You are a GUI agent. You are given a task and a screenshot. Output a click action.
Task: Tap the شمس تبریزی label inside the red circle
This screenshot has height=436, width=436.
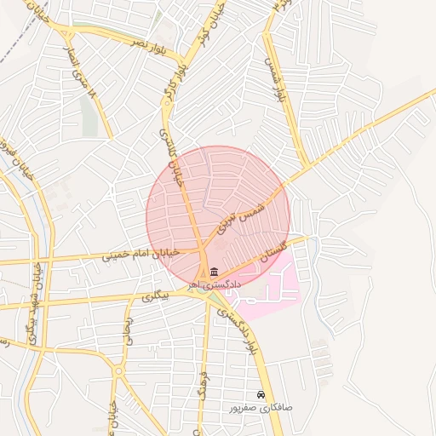point(243,212)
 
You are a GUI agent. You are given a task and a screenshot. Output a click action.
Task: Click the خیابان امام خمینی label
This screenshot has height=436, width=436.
point(141,253)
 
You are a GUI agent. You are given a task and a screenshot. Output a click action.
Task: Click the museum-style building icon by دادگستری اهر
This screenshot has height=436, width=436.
point(212,271)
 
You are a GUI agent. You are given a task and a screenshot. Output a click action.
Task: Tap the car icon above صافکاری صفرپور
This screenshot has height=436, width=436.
point(261,395)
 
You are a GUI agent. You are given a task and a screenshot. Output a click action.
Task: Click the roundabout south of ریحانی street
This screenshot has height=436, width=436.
point(118,371)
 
